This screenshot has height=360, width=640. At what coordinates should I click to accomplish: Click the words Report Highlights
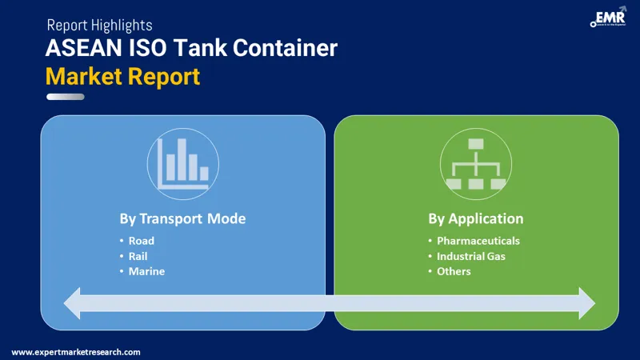(x=99, y=26)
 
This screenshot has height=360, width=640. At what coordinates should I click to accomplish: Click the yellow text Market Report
(x=122, y=77)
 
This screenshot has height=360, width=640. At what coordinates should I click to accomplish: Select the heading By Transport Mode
(x=182, y=218)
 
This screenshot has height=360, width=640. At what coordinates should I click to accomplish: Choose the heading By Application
(x=475, y=218)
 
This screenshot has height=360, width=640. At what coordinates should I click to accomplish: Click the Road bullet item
(x=142, y=241)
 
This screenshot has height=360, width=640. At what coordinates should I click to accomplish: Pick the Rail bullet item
(x=138, y=256)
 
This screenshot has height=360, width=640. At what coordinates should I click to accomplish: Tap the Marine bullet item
(x=146, y=271)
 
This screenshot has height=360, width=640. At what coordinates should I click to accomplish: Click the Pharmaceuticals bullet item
(x=478, y=241)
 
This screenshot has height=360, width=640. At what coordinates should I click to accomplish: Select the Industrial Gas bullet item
(x=470, y=256)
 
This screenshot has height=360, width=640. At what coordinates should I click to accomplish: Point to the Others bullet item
(x=454, y=271)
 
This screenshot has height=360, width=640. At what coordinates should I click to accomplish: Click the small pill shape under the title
(x=66, y=97)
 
